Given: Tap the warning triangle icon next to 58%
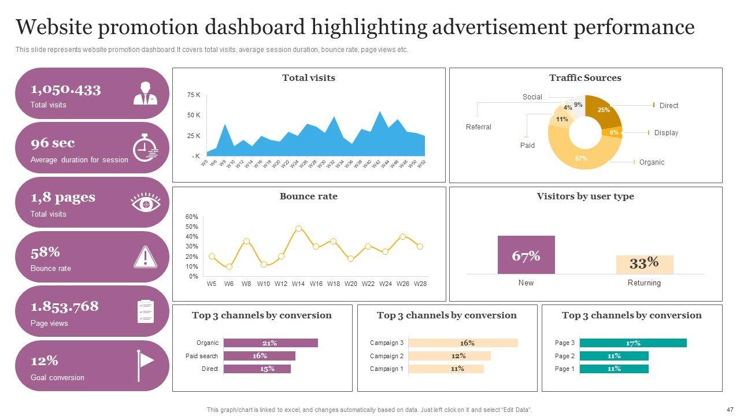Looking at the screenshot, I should (x=145, y=257).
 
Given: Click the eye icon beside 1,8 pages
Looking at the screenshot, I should (x=146, y=203).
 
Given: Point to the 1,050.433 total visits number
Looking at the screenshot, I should (x=66, y=89).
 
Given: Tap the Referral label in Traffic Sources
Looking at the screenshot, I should (x=479, y=127).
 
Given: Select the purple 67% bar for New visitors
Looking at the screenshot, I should (x=526, y=255).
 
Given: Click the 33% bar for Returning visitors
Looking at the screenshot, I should (x=645, y=264).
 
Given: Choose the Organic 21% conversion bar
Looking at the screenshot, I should (x=271, y=343).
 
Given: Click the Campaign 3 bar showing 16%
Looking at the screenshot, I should (x=463, y=343).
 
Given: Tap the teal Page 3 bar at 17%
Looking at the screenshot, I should (x=633, y=343).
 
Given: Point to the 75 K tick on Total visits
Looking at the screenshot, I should (x=194, y=95).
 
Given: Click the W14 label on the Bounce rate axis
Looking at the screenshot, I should (x=298, y=284).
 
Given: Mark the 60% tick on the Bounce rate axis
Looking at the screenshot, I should (x=192, y=217).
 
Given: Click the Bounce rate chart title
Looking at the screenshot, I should (x=309, y=196).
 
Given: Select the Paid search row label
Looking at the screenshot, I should (x=202, y=356).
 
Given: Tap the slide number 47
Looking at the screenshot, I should (x=730, y=409).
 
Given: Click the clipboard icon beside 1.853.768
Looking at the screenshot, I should (x=145, y=311).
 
